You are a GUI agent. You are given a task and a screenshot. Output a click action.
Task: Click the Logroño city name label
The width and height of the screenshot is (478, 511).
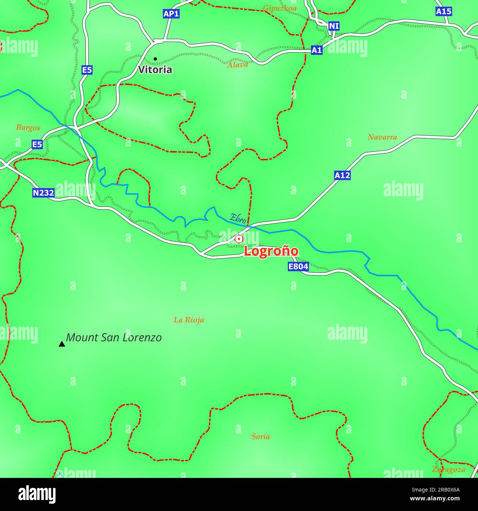pyautogui.click(x=271, y=251)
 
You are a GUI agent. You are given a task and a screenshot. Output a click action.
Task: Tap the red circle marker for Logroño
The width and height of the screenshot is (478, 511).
pyautogui.click(x=239, y=239)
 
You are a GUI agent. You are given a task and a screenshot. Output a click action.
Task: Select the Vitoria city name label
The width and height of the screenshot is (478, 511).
pyautogui.click(x=155, y=69)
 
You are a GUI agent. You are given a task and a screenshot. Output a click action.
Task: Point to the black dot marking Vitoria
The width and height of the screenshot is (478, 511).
pyautogui.click(x=155, y=59)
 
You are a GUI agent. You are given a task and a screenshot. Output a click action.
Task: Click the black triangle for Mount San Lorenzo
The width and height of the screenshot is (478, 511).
pyautogui.click(x=62, y=344)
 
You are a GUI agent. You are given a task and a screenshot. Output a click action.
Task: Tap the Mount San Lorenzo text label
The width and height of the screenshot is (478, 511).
pyautogui.click(x=114, y=337)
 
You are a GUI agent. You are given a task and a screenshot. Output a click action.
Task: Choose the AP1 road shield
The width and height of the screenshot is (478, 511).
pyautogui.click(x=171, y=14)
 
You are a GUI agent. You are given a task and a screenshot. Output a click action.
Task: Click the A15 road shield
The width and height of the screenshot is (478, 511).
pyautogui.click(x=443, y=11)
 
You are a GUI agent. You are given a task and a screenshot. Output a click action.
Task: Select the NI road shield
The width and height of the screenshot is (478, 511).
pyautogui.click(x=333, y=26)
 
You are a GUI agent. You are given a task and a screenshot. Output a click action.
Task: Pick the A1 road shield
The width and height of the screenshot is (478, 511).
pyautogui.click(x=317, y=50)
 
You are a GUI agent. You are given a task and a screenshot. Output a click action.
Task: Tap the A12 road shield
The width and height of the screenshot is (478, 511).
pyautogui.click(x=342, y=175)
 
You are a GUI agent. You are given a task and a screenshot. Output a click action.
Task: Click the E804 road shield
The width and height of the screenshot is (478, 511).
pyautogui.click(x=298, y=267)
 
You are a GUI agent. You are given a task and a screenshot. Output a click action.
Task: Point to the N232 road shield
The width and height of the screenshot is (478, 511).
pyautogui.click(x=43, y=193)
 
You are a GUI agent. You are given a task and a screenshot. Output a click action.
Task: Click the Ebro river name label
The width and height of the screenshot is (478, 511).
pyautogui.click(x=238, y=218)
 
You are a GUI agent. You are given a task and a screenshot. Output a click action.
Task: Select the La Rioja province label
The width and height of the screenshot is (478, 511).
pyautogui.click(x=189, y=320)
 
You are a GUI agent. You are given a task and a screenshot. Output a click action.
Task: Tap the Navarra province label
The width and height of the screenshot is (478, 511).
pyautogui.click(x=382, y=137)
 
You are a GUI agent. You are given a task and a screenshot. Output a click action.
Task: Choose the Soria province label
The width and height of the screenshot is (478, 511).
pyautogui.click(x=261, y=436)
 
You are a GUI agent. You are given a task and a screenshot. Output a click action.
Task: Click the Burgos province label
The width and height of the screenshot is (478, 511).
pyautogui.click(x=28, y=128)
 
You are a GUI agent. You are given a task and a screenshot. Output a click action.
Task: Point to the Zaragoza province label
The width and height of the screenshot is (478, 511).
pyautogui.click(x=449, y=469)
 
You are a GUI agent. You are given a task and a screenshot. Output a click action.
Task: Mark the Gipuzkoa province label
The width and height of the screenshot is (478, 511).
pyautogui.click(x=280, y=8)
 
